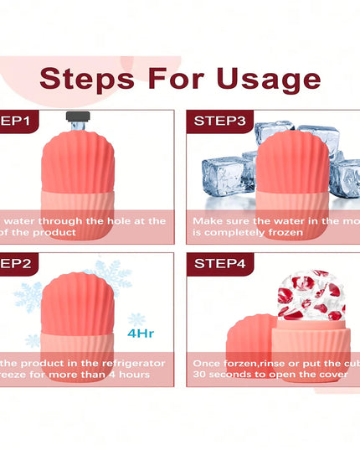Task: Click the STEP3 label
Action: point(220,121)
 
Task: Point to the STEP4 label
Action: point(220,263)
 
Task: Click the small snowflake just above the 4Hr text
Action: point(136,319)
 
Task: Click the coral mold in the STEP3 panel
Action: point(289,180)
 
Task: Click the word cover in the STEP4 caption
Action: point(332,375)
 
